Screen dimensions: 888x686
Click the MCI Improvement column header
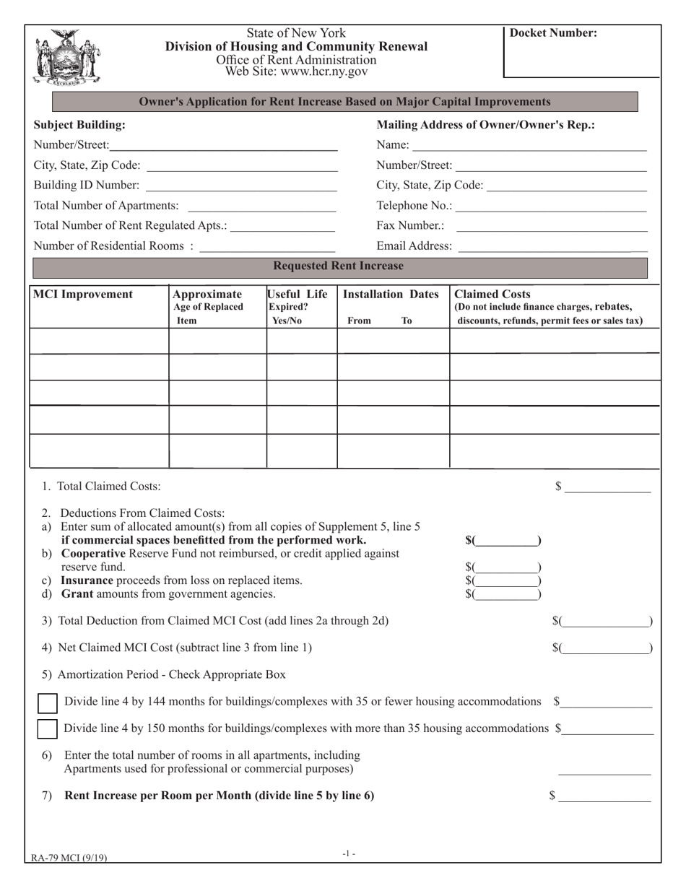pyautogui.click(x=81, y=295)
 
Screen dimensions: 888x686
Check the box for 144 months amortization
pyautogui.click(x=47, y=702)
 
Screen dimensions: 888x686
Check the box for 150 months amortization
pyautogui.click(x=47, y=728)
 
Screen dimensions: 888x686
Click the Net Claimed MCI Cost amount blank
pyautogui.click(x=606, y=648)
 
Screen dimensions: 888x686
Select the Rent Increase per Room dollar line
pyautogui.click(x=604, y=797)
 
